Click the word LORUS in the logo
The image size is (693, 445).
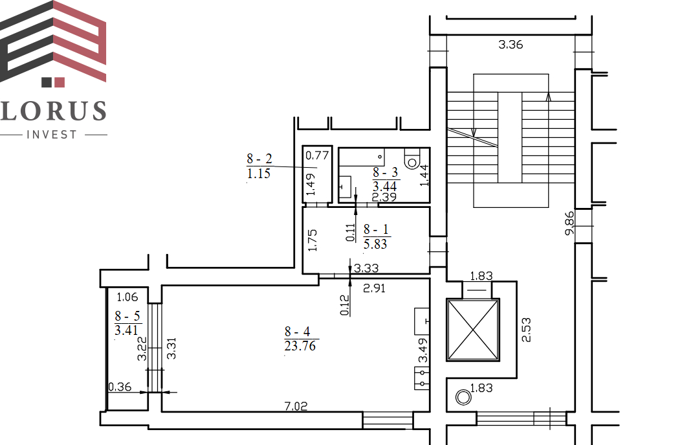point(54,111)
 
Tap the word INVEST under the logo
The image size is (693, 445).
point(52,135)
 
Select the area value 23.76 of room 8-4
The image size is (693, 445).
point(300,346)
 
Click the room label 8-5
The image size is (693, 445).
point(127,316)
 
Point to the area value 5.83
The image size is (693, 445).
point(375,244)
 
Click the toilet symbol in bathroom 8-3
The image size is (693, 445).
point(412,159)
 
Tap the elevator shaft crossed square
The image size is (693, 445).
point(473,330)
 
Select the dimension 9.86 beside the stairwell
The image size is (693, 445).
point(569,223)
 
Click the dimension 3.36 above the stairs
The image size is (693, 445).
point(511,45)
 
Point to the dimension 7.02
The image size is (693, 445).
point(296,405)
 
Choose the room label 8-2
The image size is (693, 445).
point(259,158)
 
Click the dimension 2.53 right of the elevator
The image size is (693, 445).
point(526,330)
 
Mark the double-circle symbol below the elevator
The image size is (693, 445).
point(463,397)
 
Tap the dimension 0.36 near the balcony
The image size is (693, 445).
point(120,387)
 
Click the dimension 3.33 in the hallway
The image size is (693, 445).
point(366,268)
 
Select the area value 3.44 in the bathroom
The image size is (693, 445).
point(384,187)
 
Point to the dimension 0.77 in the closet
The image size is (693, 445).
point(317,155)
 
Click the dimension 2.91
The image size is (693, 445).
point(374,288)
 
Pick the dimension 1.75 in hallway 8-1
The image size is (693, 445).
point(313,240)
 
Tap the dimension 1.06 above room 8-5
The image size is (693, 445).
point(127,297)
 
